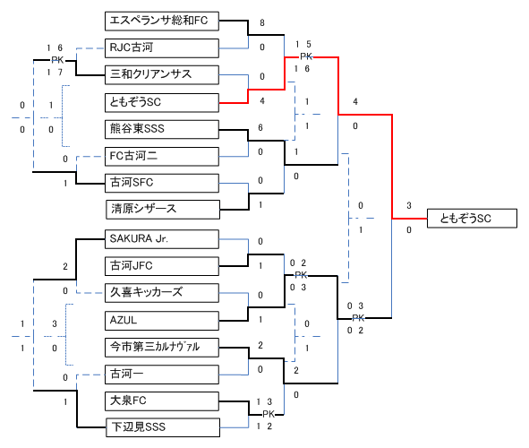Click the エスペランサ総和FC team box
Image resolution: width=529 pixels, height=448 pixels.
point(162,21)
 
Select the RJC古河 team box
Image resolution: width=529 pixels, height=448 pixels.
point(162,48)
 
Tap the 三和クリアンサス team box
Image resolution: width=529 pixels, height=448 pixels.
point(162,74)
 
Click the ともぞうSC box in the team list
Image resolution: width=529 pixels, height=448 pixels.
point(162,103)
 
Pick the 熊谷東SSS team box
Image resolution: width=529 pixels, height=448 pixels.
point(162,129)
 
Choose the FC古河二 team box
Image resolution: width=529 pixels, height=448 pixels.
point(162,156)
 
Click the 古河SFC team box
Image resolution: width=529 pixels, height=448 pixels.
point(162,183)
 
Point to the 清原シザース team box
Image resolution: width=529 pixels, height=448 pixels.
point(163,210)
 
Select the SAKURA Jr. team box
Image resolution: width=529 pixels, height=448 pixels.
point(162,239)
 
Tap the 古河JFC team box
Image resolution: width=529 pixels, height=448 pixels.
point(162,266)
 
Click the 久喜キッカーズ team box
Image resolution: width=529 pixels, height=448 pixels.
point(162,293)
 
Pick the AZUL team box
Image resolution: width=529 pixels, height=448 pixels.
point(162,321)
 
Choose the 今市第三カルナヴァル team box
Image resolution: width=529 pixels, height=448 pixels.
point(162,348)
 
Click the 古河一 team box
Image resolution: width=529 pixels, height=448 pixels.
point(162,375)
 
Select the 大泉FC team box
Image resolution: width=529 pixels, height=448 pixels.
point(162,401)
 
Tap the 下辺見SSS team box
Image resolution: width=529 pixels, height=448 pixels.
point(163,427)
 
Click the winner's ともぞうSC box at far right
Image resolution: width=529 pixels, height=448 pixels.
point(472,219)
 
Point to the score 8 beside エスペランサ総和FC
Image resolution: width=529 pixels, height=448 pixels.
point(262,23)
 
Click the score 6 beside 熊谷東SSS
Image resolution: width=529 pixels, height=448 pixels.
point(260,127)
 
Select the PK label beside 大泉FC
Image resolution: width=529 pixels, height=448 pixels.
point(269,414)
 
